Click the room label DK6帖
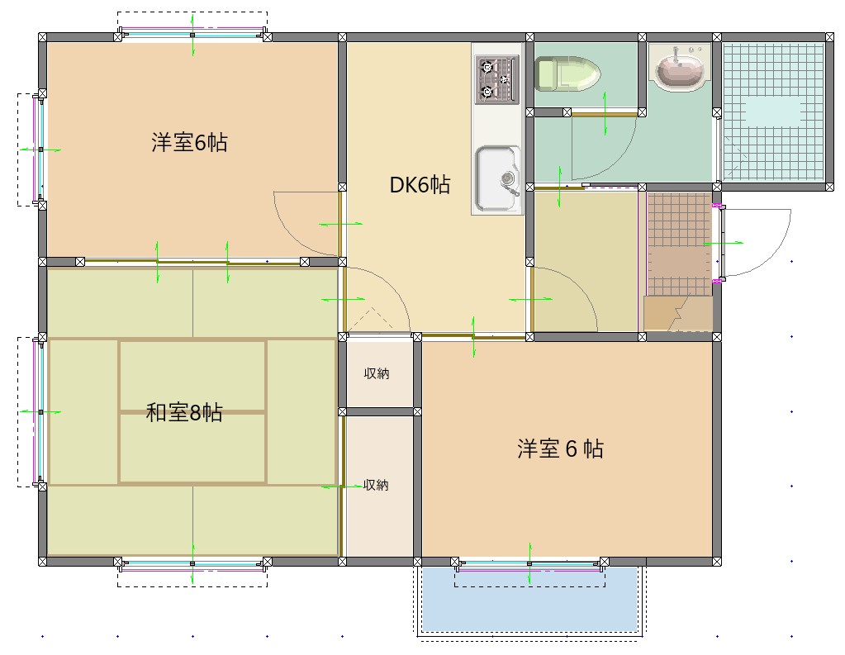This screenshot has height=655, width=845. pos(420,185)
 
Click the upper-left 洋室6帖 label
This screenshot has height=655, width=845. pos(189,143)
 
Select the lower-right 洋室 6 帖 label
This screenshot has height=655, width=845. pos(560,449)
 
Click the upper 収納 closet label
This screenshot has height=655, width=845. pos(377,374)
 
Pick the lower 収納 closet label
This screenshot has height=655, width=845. pos(377,486)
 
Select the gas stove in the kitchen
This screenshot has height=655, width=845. pos(496,78)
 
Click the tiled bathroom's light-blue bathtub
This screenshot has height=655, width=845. pos(773,111)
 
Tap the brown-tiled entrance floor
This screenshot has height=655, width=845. pos(679,244)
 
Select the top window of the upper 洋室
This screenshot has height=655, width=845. pos(192,35)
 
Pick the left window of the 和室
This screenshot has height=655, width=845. pos(38,411)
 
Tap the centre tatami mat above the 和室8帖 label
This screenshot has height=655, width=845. pos(192,375)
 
